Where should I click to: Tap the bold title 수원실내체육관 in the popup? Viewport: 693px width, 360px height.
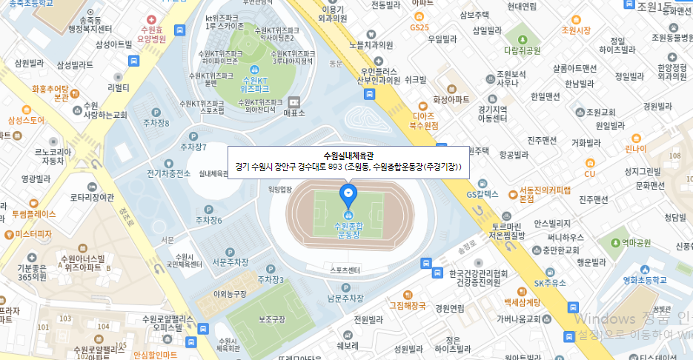click(348, 156)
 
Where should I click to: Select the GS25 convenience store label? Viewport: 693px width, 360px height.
click(420, 27)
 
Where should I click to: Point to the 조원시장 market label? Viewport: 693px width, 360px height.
click(576, 30)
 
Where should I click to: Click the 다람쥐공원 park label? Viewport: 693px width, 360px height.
click(523, 50)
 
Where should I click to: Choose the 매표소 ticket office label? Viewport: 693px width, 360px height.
click(294, 113)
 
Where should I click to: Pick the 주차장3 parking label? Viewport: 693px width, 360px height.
click(271, 279)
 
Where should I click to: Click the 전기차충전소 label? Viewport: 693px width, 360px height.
click(168, 175)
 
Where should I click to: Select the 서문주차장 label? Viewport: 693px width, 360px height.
click(229, 261)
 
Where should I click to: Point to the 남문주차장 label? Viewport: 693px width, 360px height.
click(345, 298)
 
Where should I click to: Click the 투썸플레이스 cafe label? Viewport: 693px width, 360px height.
click(33, 214)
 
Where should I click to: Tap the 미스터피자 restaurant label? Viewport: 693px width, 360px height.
click(33, 233)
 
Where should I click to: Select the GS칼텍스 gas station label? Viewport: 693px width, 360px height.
click(483, 195)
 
